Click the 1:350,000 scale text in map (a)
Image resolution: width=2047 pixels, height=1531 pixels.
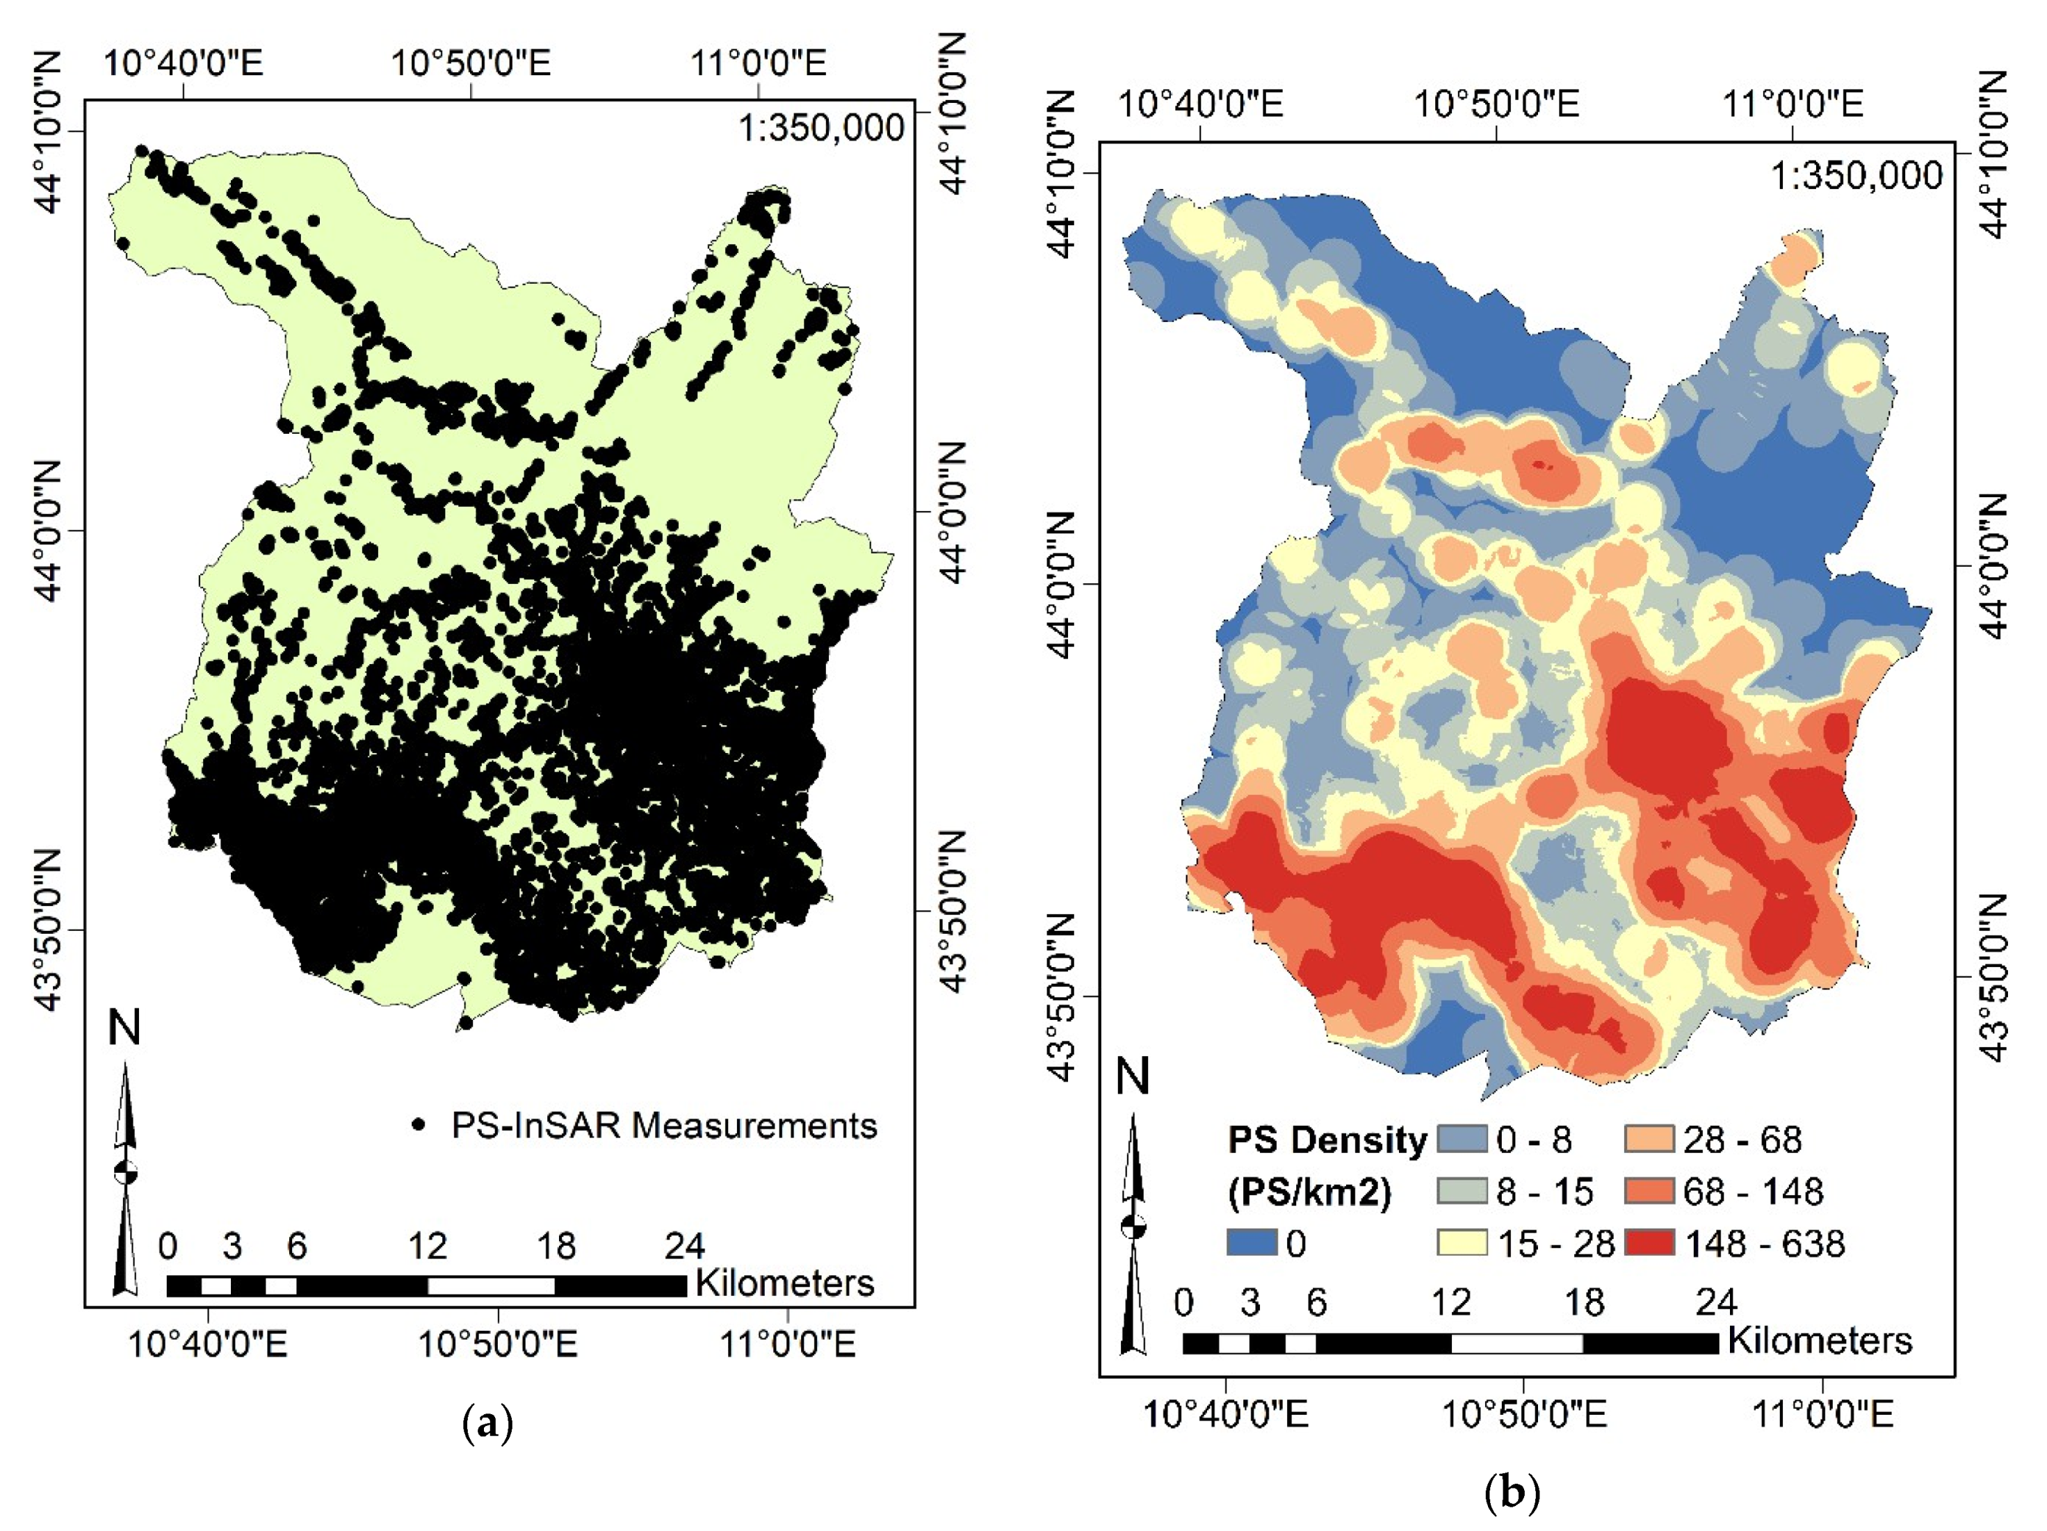[x=820, y=128]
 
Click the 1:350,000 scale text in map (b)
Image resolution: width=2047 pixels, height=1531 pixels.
[x=1855, y=175]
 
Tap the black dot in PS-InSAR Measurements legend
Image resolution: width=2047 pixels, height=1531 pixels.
[x=419, y=1125]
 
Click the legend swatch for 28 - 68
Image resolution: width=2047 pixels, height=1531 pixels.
[x=1649, y=1139]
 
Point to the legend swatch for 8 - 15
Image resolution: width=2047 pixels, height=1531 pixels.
[x=1462, y=1190]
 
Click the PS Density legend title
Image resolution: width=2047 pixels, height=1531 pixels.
[x=1326, y=1140]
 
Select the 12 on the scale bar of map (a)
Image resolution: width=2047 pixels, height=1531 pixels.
[x=427, y=1246]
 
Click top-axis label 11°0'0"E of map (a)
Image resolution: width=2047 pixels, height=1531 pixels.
[x=758, y=63]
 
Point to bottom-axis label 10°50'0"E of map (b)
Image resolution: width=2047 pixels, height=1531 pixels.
[x=1524, y=1413]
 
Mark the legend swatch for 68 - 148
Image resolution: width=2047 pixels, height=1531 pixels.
[x=1649, y=1190]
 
